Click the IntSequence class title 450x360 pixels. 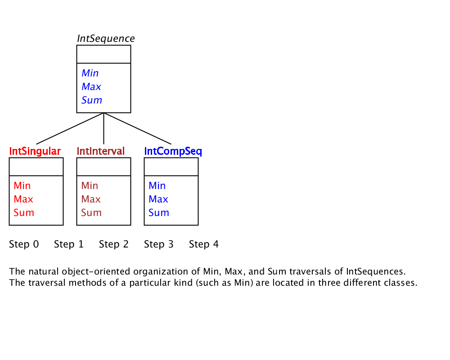pos(106,38)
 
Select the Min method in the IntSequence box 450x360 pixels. pos(90,73)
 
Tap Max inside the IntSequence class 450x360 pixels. pos(91,86)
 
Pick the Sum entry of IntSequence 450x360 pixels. pos(92,100)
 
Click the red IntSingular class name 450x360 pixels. pos(35,151)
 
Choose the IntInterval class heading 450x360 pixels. pos(101,151)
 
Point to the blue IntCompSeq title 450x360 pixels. pos(173,151)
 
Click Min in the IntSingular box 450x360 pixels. pos(22,185)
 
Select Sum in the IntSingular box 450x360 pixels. pos(24,212)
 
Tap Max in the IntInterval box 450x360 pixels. pos(91,199)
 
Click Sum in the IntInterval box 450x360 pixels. pos(91,212)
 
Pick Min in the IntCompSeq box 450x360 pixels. pos(157,185)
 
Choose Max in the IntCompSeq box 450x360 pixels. pos(158,199)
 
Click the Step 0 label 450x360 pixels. pos(24,244)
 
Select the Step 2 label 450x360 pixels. pos(114,244)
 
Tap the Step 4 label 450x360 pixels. pos(204,244)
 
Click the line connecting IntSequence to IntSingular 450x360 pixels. pos(70,128)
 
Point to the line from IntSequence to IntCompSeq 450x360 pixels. pos(137,128)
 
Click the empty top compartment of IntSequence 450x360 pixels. pos(103,54)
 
